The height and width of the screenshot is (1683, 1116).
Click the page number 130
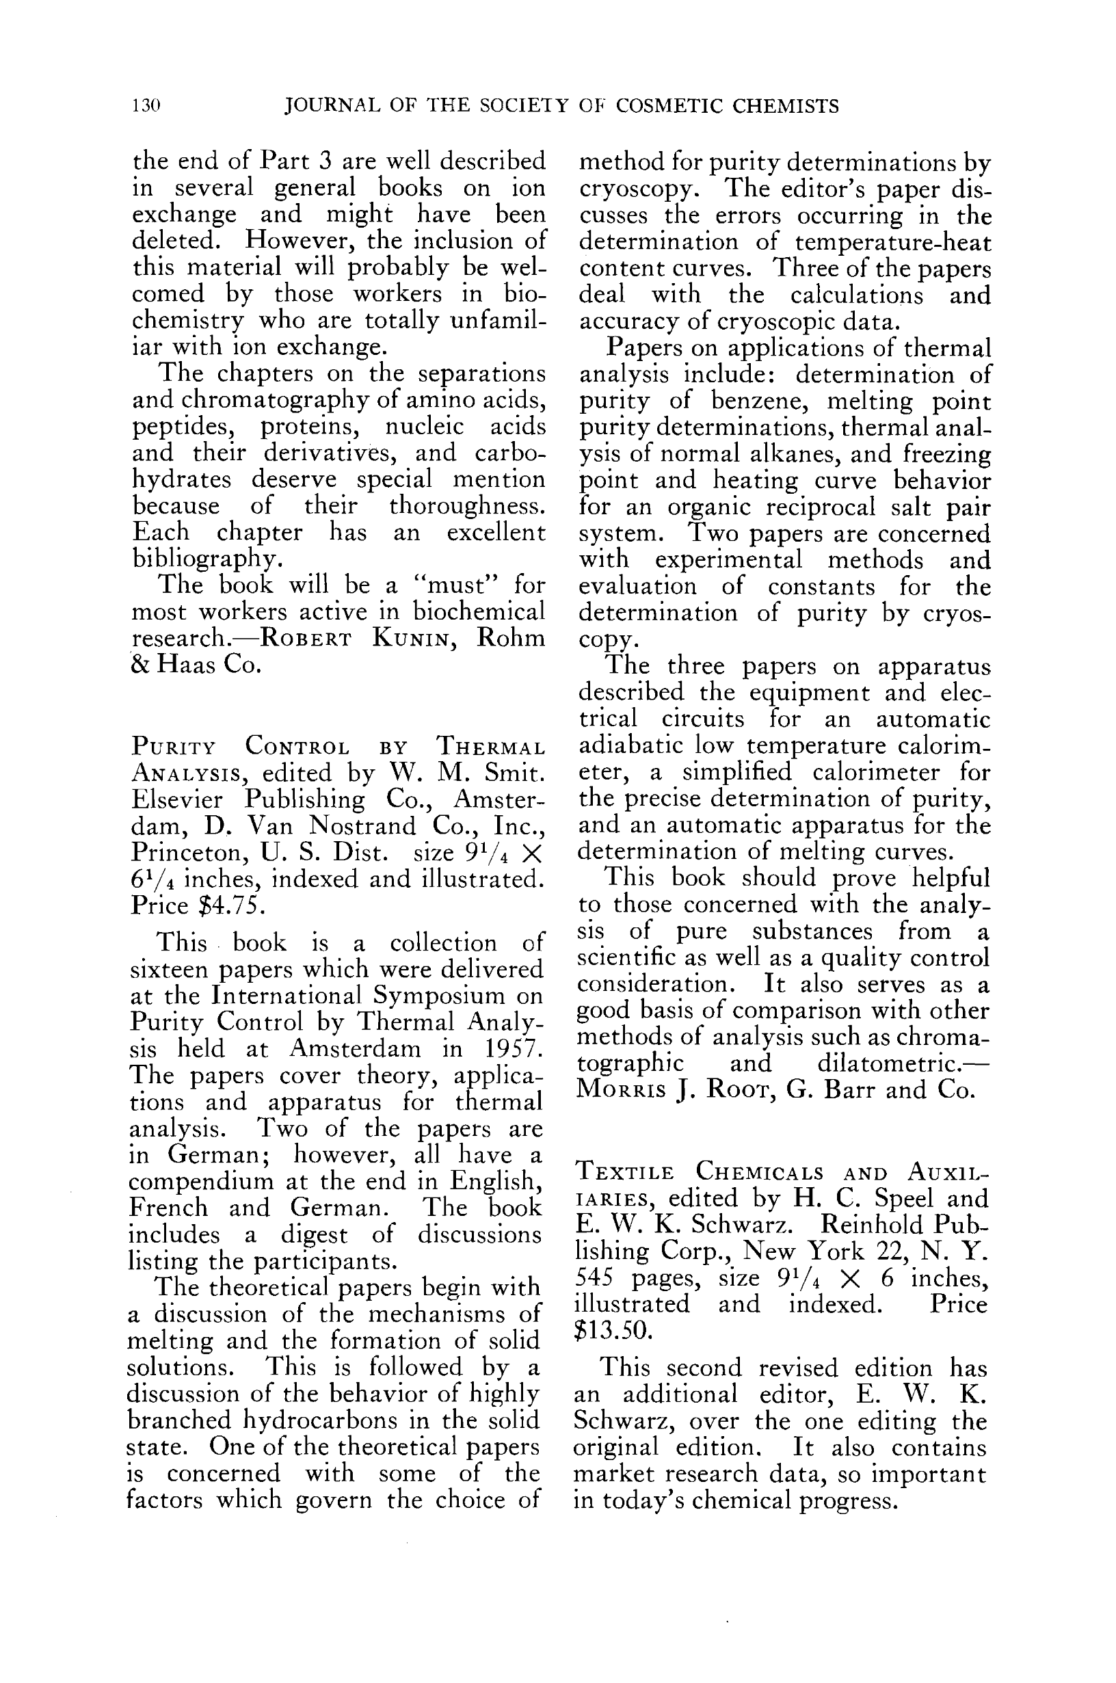pos(146,107)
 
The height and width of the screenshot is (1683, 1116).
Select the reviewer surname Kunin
pos(411,638)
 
